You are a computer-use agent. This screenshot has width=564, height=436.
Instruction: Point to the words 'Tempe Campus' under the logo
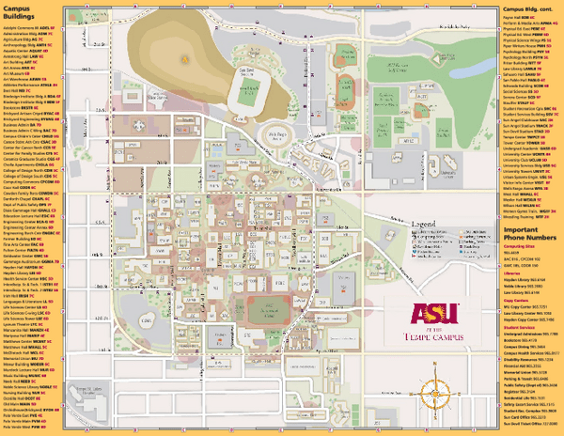pos(433,337)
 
